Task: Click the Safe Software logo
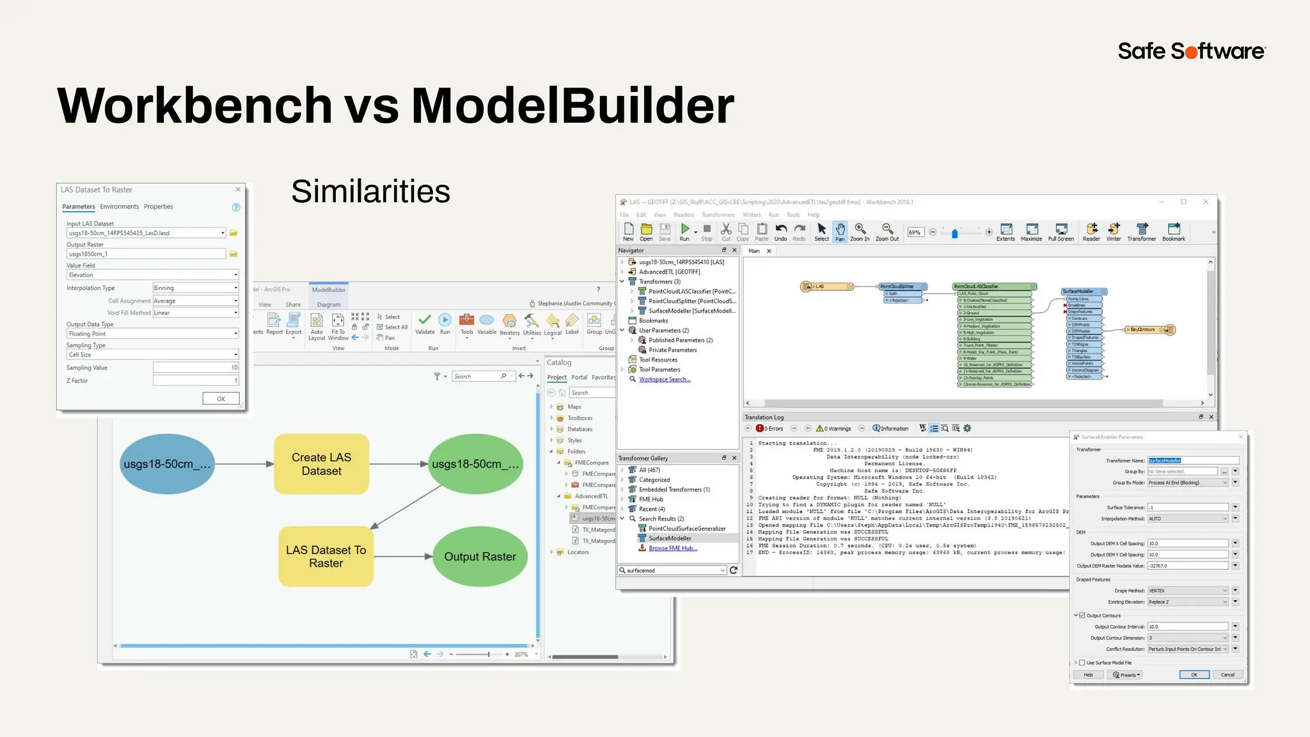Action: [1191, 51]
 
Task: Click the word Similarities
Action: [370, 191]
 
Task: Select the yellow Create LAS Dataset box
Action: [321, 464]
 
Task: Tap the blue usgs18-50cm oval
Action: [167, 464]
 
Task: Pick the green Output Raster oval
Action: [480, 557]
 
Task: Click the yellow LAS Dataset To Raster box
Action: [326, 557]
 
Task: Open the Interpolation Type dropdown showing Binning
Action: [195, 288]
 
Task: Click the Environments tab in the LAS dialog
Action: [119, 207]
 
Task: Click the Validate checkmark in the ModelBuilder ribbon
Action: [425, 321]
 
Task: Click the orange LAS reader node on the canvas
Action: [828, 287]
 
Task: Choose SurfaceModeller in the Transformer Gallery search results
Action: [670, 539]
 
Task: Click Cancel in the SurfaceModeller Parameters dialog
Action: [1227, 675]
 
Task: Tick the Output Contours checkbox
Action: [1082, 615]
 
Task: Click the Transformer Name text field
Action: [1193, 461]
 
